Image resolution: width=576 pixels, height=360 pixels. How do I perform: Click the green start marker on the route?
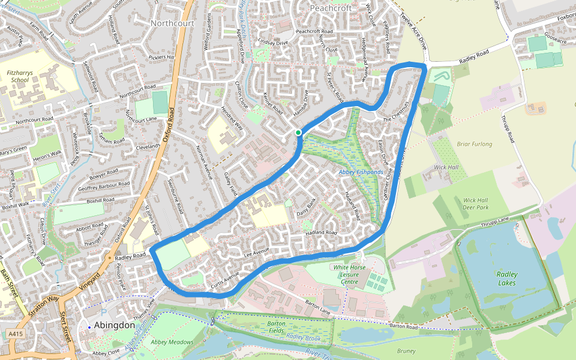click(298, 133)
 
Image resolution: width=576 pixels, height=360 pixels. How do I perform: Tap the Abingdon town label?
click(114, 325)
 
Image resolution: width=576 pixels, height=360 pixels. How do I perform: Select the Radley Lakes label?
click(507, 278)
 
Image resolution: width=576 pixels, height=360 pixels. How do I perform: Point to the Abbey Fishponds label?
click(361, 172)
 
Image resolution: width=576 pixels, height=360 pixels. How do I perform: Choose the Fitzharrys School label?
click(17, 76)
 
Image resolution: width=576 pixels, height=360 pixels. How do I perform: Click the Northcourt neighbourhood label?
click(173, 23)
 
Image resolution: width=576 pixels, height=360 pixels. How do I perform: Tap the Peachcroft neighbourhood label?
click(331, 8)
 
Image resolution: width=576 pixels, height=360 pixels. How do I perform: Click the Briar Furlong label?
click(474, 144)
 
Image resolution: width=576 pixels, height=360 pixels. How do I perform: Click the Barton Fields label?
click(277, 326)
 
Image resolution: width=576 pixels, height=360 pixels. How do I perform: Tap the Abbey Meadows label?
click(172, 342)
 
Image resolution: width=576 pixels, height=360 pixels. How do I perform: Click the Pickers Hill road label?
click(161, 58)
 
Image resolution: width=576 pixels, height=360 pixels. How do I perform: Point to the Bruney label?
click(406, 352)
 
